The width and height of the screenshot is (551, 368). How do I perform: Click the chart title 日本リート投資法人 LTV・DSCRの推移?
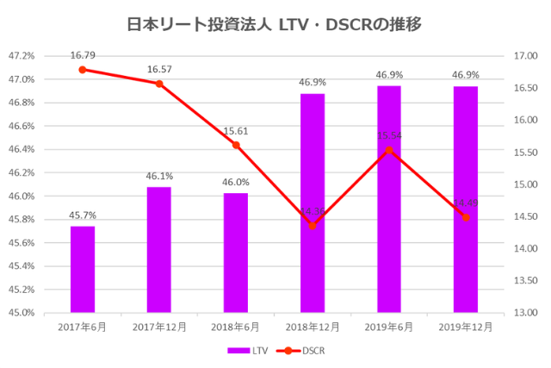(275, 23)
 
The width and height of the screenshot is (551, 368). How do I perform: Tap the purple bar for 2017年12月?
(159, 249)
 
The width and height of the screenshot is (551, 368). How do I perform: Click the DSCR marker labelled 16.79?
(83, 70)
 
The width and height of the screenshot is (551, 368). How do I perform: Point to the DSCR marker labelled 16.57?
(159, 84)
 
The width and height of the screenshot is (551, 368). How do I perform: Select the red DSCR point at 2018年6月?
(236, 145)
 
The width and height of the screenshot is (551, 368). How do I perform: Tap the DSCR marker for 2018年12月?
(313, 226)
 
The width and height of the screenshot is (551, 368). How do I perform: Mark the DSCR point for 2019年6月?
(389, 150)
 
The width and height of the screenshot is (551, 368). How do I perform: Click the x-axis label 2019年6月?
(389, 327)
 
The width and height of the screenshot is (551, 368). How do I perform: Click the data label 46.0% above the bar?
(236, 182)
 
